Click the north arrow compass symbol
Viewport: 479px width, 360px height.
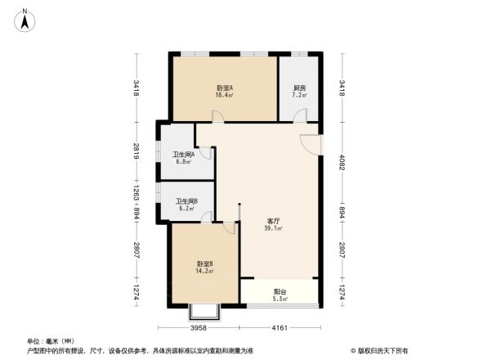[25, 18]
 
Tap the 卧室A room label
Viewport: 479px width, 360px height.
[225, 88]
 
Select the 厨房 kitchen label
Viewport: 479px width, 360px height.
[299, 88]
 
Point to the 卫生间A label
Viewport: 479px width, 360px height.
[183, 154]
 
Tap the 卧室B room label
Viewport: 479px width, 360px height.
[205, 263]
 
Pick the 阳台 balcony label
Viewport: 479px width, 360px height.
[280, 291]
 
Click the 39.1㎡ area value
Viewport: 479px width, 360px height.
[275, 229]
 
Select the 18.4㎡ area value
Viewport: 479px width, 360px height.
[225, 96]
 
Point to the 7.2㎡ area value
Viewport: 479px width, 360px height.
[299, 96]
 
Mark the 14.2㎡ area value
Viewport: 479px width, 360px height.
[205, 271]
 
